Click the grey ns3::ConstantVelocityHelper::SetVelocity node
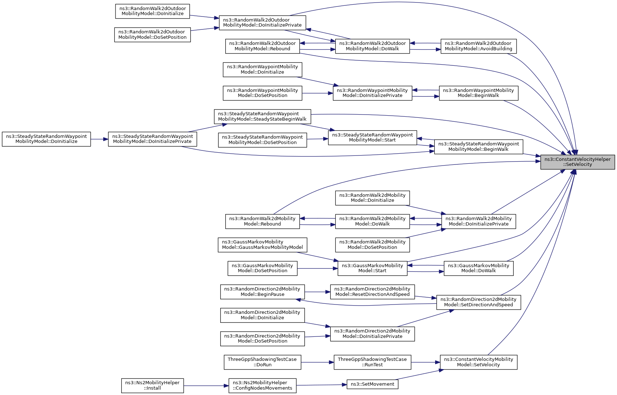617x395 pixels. (578, 162)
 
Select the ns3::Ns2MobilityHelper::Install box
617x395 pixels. (152, 385)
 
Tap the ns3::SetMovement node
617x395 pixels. (372, 384)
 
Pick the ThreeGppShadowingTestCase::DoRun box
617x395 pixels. (262, 362)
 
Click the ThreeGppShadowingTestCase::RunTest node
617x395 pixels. (372, 362)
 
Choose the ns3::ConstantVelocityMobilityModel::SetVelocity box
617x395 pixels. (479, 362)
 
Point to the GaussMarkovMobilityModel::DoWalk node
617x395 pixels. (479, 268)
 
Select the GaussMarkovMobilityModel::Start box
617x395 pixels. (372, 268)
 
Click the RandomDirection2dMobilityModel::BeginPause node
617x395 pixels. (262, 292)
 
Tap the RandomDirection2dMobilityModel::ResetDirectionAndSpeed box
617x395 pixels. (372, 292)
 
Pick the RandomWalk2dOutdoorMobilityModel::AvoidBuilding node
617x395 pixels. (479, 46)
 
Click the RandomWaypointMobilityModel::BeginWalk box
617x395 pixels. (479, 93)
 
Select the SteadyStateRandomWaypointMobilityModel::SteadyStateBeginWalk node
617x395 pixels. (262, 116)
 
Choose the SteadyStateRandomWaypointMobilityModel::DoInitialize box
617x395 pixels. (46, 139)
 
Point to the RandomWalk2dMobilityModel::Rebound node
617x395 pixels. (262, 221)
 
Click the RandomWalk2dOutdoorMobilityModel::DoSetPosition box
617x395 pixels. (152, 35)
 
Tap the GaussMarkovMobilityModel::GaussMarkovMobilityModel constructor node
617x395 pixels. (262, 245)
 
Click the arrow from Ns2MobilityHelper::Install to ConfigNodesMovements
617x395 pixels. (206, 386)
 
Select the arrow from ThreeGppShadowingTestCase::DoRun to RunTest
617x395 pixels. (317, 362)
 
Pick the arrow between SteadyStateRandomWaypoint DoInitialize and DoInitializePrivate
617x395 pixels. (99, 139)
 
